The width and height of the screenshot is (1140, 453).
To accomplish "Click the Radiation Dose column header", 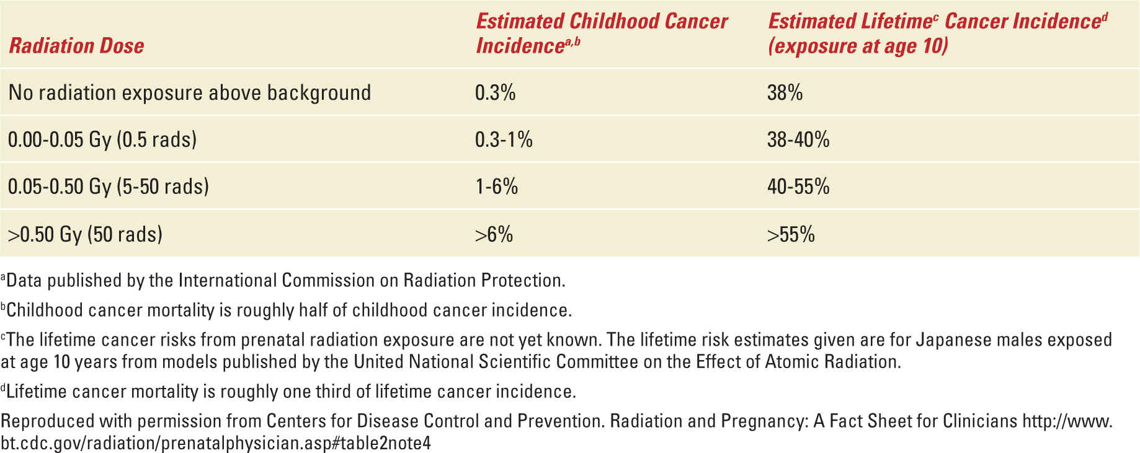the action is point(76,45).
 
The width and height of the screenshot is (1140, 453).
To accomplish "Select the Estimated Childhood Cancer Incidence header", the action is point(601,33).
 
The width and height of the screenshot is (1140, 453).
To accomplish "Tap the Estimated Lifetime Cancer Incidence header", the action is point(937,33).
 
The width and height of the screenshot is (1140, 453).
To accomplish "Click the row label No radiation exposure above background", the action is point(190,92).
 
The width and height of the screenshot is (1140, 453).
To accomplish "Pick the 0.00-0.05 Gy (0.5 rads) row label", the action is point(102,139).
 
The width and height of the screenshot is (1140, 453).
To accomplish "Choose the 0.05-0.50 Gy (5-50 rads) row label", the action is point(109,187).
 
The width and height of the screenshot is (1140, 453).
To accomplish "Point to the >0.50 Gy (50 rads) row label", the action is point(85,234).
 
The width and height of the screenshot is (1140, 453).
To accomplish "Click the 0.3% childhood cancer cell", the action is point(495,92).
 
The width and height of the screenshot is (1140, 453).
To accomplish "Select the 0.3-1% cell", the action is point(504,139).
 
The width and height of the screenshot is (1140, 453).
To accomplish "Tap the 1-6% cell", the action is point(497,187).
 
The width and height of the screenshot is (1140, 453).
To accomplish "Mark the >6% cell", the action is point(494,234).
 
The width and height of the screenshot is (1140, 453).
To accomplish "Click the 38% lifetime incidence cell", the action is point(785,92).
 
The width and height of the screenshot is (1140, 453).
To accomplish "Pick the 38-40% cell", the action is point(798,139).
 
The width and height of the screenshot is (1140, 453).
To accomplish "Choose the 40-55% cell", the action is point(798,187).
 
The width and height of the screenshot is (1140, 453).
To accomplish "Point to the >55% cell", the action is point(791,234).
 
